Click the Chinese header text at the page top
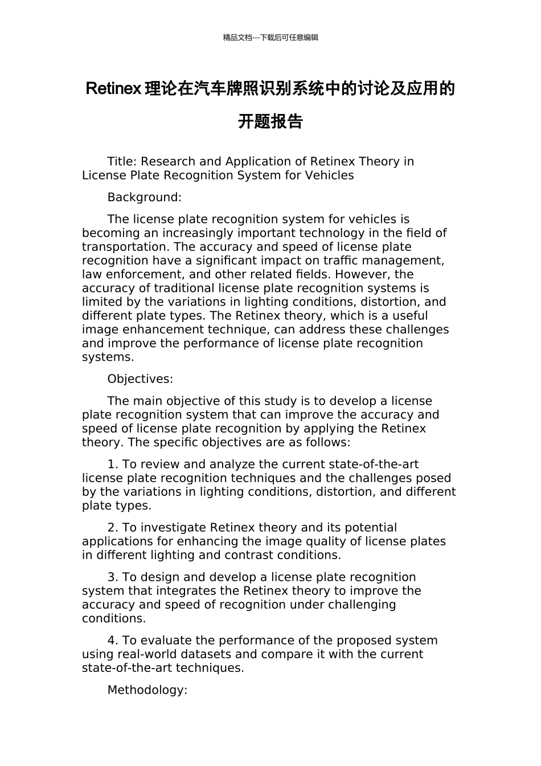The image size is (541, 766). pyautogui.click(x=270, y=38)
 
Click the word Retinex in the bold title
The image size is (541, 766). pyautogui.click(x=113, y=89)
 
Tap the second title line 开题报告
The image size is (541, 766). pyautogui.click(x=270, y=121)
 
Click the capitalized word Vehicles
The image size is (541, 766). pyautogui.click(x=328, y=176)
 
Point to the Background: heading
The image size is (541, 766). pyautogui.click(x=144, y=198)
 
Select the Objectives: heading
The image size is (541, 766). pyautogui.click(x=140, y=379)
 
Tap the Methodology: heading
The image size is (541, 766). pyautogui.click(x=147, y=690)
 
